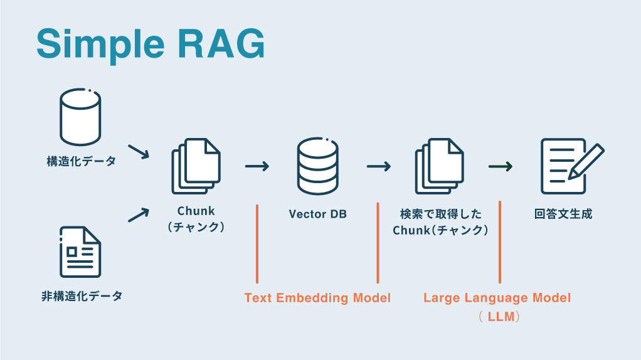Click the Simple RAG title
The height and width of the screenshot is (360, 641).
tap(151, 43)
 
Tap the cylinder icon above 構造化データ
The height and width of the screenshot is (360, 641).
tap(80, 117)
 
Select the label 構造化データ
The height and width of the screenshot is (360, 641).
tap(81, 162)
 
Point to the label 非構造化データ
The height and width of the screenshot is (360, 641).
tap(82, 295)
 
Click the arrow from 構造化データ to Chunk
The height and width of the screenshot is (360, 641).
tap(139, 151)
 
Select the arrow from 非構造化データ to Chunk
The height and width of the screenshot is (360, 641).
tap(139, 214)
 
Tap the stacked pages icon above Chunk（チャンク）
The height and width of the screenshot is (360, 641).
tap(196, 166)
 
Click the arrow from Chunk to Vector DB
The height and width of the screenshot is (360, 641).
tap(257, 166)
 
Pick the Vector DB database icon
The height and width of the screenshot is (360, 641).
tap(317, 166)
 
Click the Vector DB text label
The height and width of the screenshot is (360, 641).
tap(317, 214)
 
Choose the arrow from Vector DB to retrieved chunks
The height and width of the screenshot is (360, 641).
tap(378, 166)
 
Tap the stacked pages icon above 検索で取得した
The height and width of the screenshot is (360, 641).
tap(439, 166)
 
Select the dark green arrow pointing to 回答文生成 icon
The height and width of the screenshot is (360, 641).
tap(501, 166)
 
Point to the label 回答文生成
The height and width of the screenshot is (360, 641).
tap(563, 214)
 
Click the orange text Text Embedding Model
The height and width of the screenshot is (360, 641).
tap(317, 298)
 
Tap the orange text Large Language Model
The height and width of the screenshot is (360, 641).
tap(497, 298)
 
